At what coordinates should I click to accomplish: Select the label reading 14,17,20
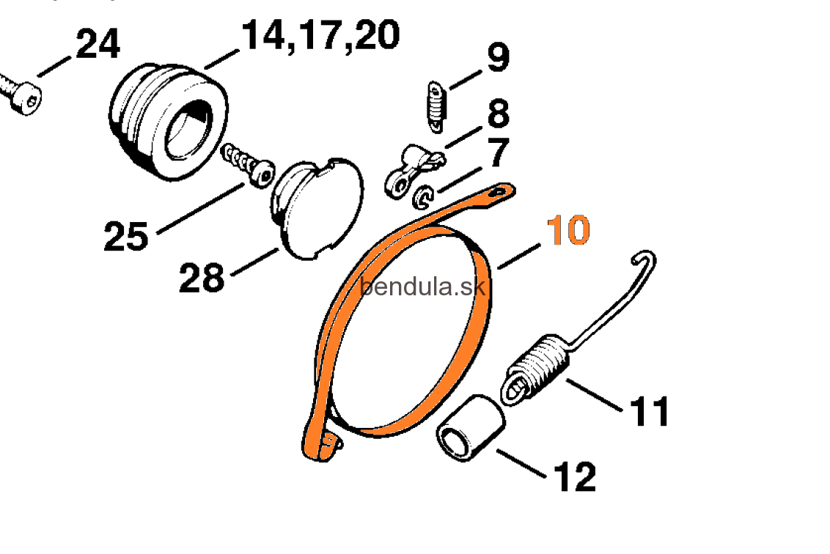pyautogui.click(x=320, y=36)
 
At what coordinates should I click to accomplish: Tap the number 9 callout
pyautogui.click(x=498, y=57)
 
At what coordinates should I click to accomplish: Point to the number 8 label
pyautogui.click(x=498, y=113)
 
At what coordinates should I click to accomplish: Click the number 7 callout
pyautogui.click(x=498, y=152)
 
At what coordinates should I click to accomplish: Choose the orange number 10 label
pyautogui.click(x=568, y=230)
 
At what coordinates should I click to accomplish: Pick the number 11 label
pyautogui.click(x=650, y=411)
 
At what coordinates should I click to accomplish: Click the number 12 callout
pyautogui.click(x=575, y=477)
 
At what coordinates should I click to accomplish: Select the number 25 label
pyautogui.click(x=126, y=236)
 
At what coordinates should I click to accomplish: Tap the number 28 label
pyautogui.click(x=202, y=278)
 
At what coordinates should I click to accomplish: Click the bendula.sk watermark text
pyautogui.click(x=422, y=287)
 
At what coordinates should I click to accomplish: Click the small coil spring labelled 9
pyautogui.click(x=436, y=107)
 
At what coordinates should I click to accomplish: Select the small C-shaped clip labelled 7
pyautogui.click(x=423, y=197)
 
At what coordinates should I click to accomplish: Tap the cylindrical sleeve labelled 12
pyautogui.click(x=470, y=427)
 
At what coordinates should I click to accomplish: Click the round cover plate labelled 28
pyautogui.click(x=317, y=208)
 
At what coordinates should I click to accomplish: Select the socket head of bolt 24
pyautogui.click(x=26, y=98)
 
